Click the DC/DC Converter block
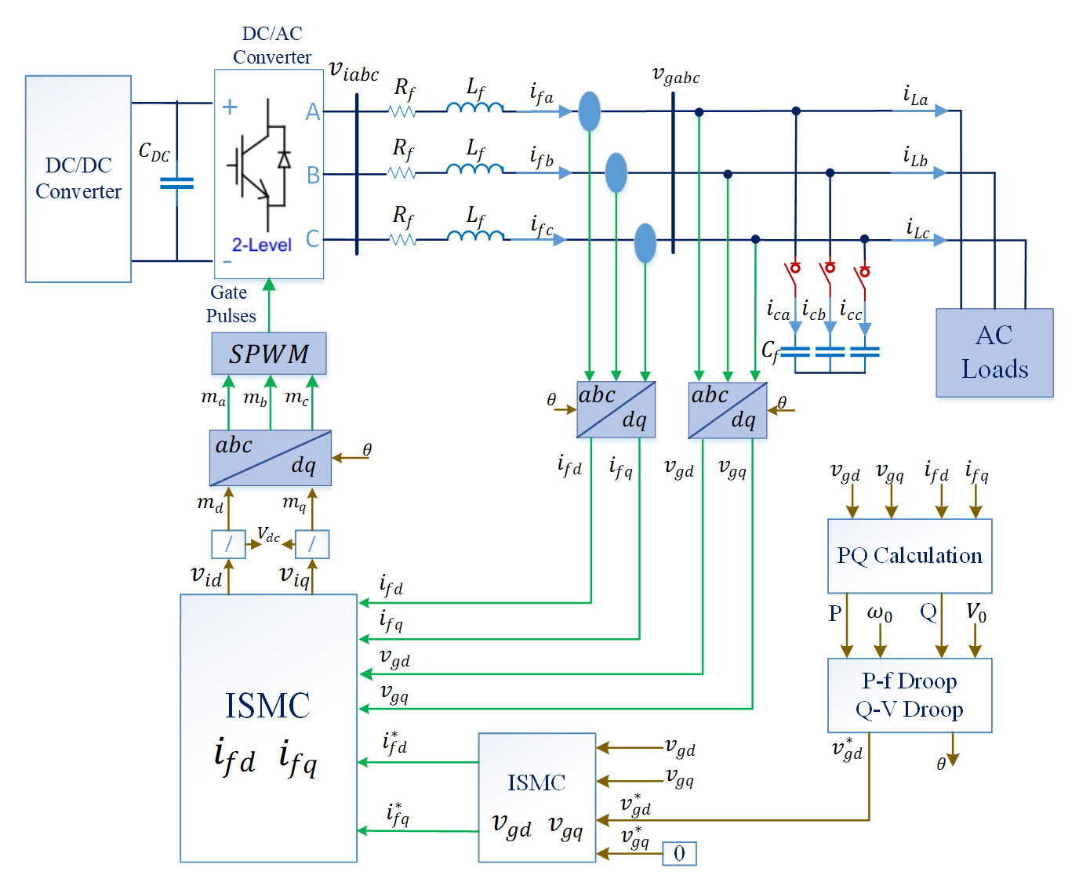click(78, 179)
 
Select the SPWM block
click(269, 354)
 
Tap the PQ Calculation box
click(910, 556)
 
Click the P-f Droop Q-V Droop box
click(910, 695)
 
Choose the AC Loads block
click(994, 353)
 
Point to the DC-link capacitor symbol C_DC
click(176, 183)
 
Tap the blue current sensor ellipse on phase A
click(590, 111)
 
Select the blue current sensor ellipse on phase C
click(645, 242)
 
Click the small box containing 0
click(679, 853)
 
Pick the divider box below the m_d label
click(228, 544)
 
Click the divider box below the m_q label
click(312, 544)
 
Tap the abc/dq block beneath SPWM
click(271, 458)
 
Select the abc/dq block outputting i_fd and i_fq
click(616, 409)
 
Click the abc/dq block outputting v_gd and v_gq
click(728, 410)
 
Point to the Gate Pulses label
click(231, 304)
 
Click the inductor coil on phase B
click(475, 168)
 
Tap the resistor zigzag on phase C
click(402, 240)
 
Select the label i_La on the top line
click(915, 96)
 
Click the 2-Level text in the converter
click(261, 245)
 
